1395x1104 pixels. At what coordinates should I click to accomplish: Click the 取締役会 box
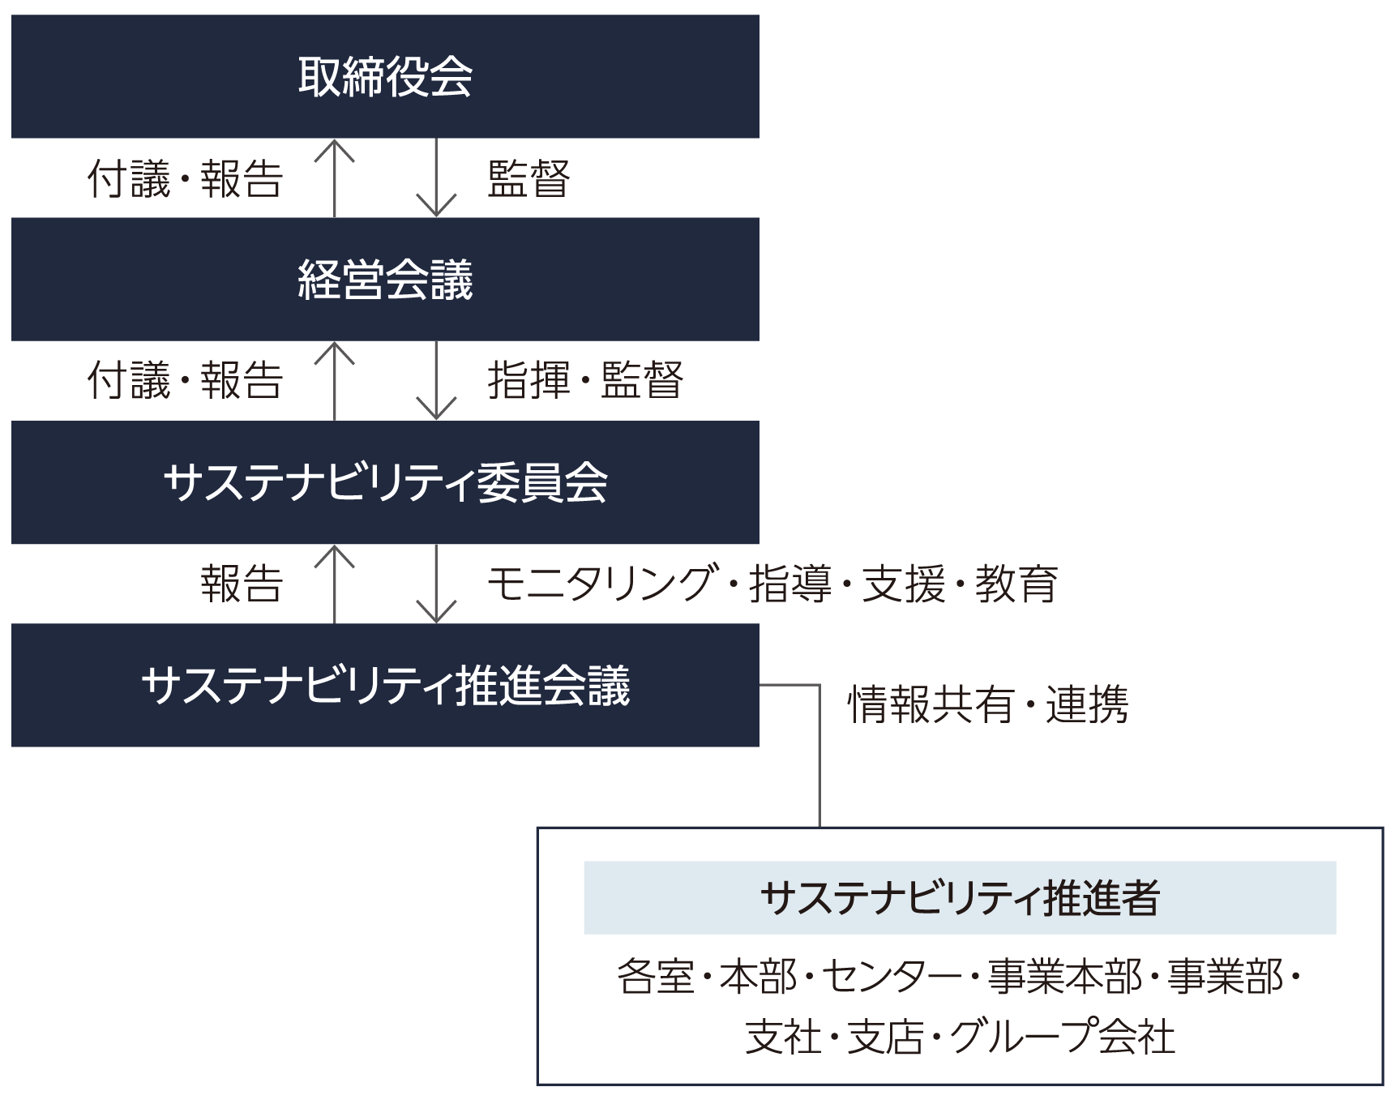[385, 76]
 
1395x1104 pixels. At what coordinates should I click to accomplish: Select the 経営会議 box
[385, 279]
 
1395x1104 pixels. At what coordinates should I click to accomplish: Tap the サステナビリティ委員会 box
[385, 482]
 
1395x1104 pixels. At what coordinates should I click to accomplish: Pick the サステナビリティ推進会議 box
[385, 685]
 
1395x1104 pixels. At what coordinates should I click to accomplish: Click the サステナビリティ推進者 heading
[960, 897]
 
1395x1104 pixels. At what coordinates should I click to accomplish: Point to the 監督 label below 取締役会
[528, 179]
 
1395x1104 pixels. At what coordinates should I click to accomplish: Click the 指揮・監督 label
[585, 380]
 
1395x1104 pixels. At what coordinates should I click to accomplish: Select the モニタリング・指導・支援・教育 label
[772, 584]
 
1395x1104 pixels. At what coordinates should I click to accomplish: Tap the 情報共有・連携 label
[987, 704]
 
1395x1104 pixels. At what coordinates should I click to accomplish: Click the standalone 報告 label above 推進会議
[242, 584]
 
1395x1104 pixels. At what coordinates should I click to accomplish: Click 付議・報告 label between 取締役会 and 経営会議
[185, 179]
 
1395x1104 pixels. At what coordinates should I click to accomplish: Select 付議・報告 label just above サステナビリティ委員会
[185, 380]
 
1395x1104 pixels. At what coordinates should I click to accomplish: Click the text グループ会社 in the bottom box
[1062, 1037]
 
